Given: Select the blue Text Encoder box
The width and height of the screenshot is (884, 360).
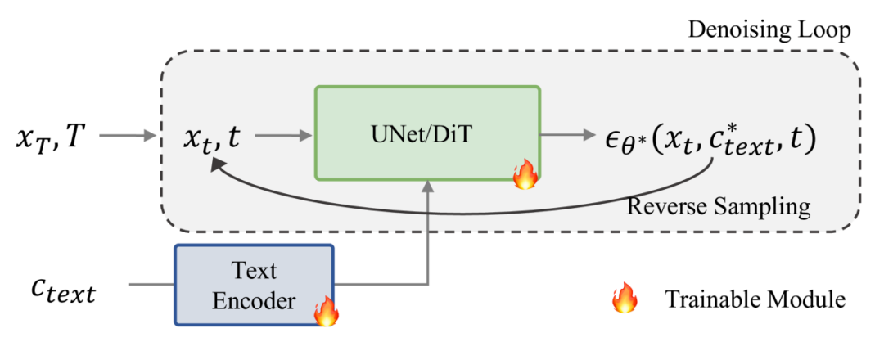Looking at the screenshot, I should tap(254, 286).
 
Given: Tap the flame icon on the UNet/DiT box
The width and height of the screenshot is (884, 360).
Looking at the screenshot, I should tap(523, 175).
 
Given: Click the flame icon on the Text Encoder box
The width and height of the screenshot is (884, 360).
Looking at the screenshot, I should tap(326, 312).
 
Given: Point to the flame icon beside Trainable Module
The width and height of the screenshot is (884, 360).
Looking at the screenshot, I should tap(625, 299).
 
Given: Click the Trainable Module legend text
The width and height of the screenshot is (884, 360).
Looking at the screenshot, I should tap(755, 299).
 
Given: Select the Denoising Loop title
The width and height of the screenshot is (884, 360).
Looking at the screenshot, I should tap(769, 31).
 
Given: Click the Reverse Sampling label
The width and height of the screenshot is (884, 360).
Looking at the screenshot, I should tap(719, 205).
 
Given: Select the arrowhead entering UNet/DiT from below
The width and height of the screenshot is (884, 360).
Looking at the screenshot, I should tap(427, 187).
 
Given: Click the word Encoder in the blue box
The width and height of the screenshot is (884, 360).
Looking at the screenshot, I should tap(254, 301).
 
